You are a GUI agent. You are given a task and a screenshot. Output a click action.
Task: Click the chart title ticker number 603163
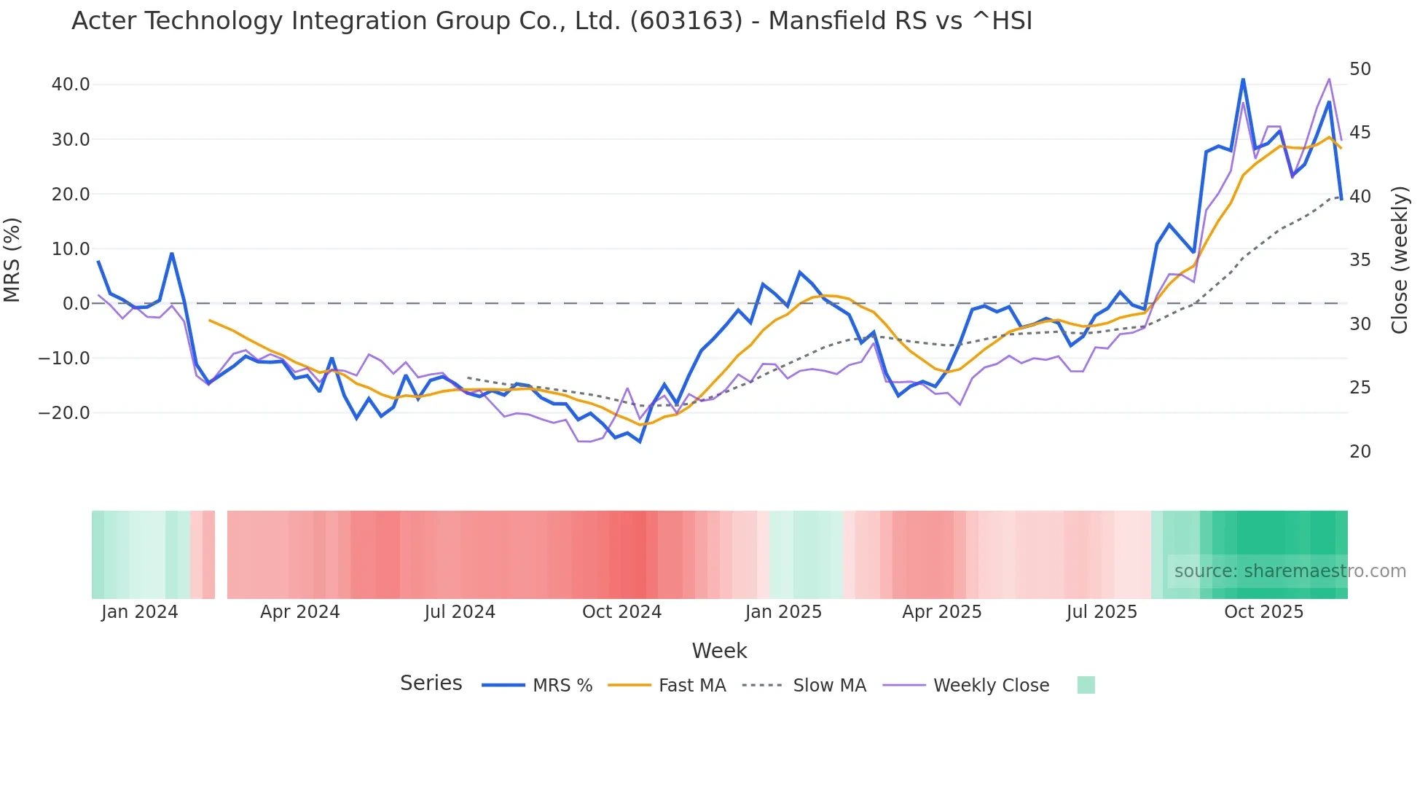point(686,21)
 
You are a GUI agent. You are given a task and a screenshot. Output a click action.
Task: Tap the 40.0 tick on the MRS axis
point(71,85)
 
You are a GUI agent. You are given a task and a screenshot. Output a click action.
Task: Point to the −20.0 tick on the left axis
point(64,413)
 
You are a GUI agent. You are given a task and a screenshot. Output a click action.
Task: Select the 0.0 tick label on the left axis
point(76,304)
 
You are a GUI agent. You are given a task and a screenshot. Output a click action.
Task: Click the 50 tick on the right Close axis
point(1360,69)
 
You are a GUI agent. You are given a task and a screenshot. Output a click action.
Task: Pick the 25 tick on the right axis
point(1360,388)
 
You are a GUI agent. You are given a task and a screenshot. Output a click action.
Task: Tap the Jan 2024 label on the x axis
point(139,612)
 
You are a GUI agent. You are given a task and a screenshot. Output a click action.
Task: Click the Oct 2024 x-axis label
point(621,612)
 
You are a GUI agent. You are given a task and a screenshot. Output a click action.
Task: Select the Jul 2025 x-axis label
point(1102,612)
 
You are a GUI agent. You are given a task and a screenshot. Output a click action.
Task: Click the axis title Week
point(719,651)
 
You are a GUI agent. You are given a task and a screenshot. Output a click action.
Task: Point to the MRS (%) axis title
point(12,260)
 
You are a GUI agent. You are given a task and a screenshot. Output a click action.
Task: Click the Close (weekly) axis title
point(1400,260)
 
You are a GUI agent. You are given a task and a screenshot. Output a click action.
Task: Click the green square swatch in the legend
point(1086,685)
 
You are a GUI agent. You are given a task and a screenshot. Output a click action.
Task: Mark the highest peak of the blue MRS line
point(1243,79)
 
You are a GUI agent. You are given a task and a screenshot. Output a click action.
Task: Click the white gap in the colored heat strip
point(221,555)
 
